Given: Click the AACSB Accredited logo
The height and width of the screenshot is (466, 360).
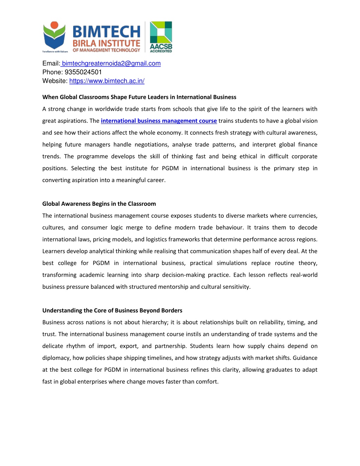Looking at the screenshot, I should click(x=161, y=37).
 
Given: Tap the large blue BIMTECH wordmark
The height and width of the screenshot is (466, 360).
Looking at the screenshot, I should click(x=106, y=32).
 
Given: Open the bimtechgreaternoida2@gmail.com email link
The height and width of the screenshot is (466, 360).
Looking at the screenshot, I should click(x=111, y=63).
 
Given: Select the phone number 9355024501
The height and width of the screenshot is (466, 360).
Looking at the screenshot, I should click(x=83, y=72).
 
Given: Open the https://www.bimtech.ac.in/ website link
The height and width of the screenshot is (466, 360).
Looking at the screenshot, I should click(x=107, y=81).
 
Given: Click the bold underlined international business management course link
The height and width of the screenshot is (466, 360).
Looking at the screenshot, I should click(x=159, y=121).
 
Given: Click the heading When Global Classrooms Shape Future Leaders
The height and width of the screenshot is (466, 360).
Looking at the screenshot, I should click(x=139, y=97).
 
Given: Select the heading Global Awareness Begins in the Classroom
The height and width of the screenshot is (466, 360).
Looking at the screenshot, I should click(x=99, y=204).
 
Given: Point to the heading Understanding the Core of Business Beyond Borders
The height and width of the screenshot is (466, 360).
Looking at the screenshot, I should click(x=112, y=310).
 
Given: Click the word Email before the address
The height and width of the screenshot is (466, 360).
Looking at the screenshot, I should click(x=51, y=63).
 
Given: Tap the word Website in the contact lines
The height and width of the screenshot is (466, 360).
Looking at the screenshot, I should click(x=54, y=81).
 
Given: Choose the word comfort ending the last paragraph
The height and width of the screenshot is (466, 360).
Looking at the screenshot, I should click(x=209, y=382).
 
